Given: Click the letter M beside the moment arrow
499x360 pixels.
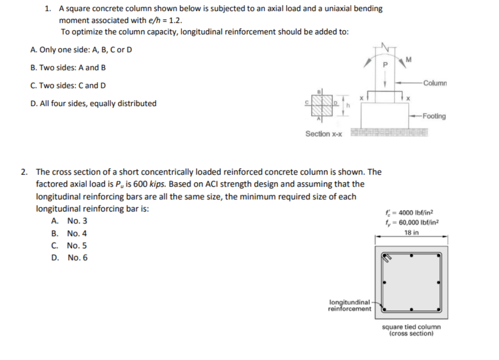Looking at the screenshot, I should coord(409,60).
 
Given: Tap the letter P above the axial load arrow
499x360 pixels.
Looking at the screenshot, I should coord(385,65).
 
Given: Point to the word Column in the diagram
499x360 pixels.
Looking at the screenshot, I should coord(435,83).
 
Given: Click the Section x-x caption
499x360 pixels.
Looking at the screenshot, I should coord(323,134).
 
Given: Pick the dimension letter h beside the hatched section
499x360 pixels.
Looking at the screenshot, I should coord(348,105).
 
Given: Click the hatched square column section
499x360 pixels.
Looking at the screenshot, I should coord(322,105).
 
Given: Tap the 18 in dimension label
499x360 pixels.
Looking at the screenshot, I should coord(412,232).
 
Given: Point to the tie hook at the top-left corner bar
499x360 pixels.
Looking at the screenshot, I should coord(386,257).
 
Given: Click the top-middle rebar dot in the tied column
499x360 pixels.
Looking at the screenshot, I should coord(412,256).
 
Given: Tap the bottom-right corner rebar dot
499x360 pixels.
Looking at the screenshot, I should coord(438,309).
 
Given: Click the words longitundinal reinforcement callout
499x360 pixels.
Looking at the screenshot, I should coord(349,306).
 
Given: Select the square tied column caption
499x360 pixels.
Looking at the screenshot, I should coord(411,327).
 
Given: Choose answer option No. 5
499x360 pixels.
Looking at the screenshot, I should coord(77,246).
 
